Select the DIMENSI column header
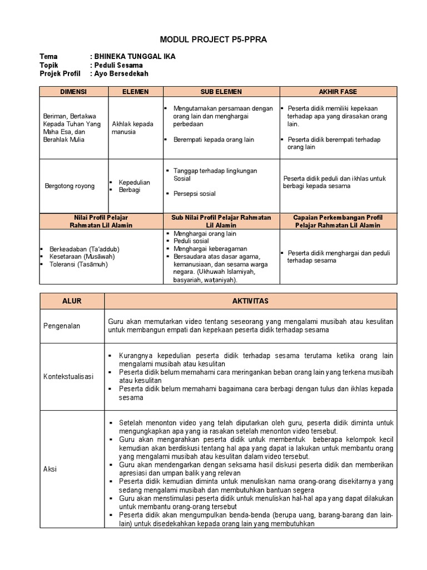point(73,91)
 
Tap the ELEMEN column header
point(135,91)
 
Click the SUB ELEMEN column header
point(221,91)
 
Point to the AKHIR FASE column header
point(337,91)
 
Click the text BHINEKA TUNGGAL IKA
point(134,57)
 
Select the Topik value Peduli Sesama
point(121,65)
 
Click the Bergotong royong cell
point(69,186)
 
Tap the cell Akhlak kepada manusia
point(132,127)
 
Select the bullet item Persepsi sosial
point(195,194)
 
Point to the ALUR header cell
point(72,301)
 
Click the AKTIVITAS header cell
point(250,301)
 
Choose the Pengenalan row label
point(62,326)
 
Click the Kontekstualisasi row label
point(68,377)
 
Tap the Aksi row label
point(50,469)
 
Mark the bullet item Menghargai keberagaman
point(210,248)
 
